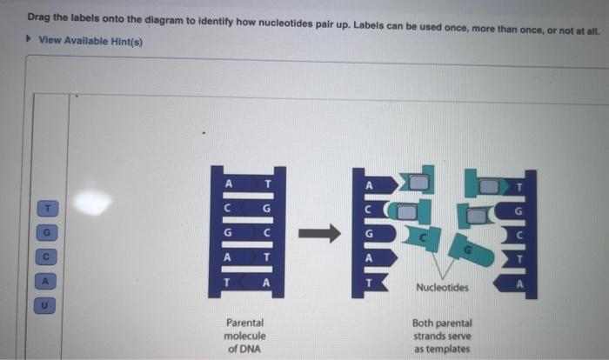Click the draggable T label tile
tap(49, 209)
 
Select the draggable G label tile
tap(49, 233)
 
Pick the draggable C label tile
tap(49, 257)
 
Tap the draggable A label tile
tap(49, 282)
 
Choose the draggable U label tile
tap(49, 305)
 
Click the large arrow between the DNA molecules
tap(318, 233)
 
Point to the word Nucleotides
tap(442, 286)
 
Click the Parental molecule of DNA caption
tap(244, 335)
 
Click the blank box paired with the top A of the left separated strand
tap(420, 183)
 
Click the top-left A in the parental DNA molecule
tap(229, 183)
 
